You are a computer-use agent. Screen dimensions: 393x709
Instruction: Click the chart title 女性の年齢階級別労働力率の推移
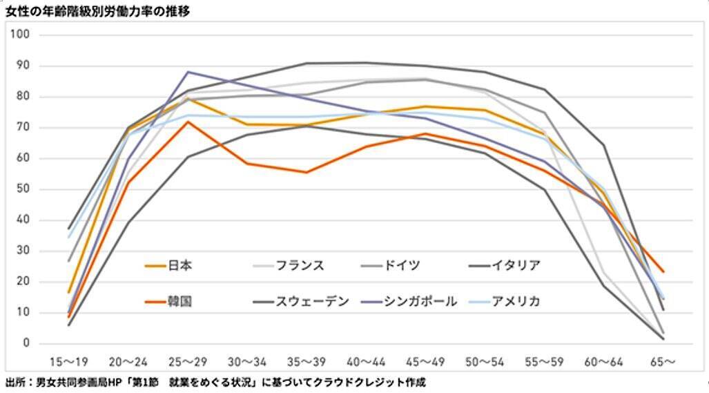pyautogui.click(x=98, y=10)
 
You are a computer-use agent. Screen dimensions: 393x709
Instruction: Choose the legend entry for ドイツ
pyautogui.click(x=400, y=265)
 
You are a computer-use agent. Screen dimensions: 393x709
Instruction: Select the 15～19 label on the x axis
pyautogui.click(x=68, y=361)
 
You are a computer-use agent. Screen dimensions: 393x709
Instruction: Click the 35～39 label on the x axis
pyautogui.click(x=307, y=361)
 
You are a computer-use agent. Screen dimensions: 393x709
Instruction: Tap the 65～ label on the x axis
pyautogui.click(x=663, y=361)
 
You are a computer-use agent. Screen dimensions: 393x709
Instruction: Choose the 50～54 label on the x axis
pyautogui.click(x=485, y=361)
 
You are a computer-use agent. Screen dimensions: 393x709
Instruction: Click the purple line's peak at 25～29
pyautogui.click(x=188, y=72)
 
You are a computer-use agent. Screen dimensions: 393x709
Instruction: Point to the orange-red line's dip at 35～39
pyautogui.click(x=307, y=172)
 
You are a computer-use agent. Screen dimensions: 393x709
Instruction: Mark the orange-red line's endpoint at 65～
pyautogui.click(x=663, y=271)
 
